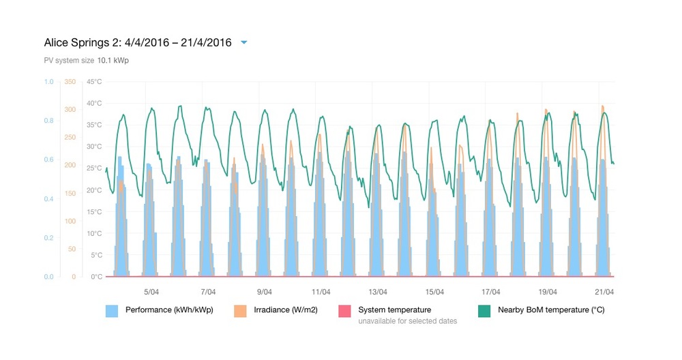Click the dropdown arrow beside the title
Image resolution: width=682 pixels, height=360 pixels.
coord(244,42)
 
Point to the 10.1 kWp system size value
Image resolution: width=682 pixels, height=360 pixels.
coord(113,60)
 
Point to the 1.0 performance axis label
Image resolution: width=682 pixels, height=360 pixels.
coord(48,82)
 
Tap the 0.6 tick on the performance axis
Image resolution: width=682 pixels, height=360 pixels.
coord(48,160)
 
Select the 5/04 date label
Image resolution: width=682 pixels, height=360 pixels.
coord(152,292)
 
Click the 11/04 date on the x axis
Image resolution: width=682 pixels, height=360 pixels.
coord(321,292)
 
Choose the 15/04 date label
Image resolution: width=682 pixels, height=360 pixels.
coord(434,292)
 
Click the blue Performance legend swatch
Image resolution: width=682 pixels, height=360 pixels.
coord(112,311)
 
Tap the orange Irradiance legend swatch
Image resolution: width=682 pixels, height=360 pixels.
coord(240,311)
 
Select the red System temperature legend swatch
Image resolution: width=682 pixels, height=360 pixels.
coord(344,311)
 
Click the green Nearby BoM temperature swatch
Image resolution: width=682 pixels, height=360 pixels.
coord(484,311)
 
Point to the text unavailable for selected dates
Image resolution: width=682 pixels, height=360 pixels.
coord(407,321)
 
